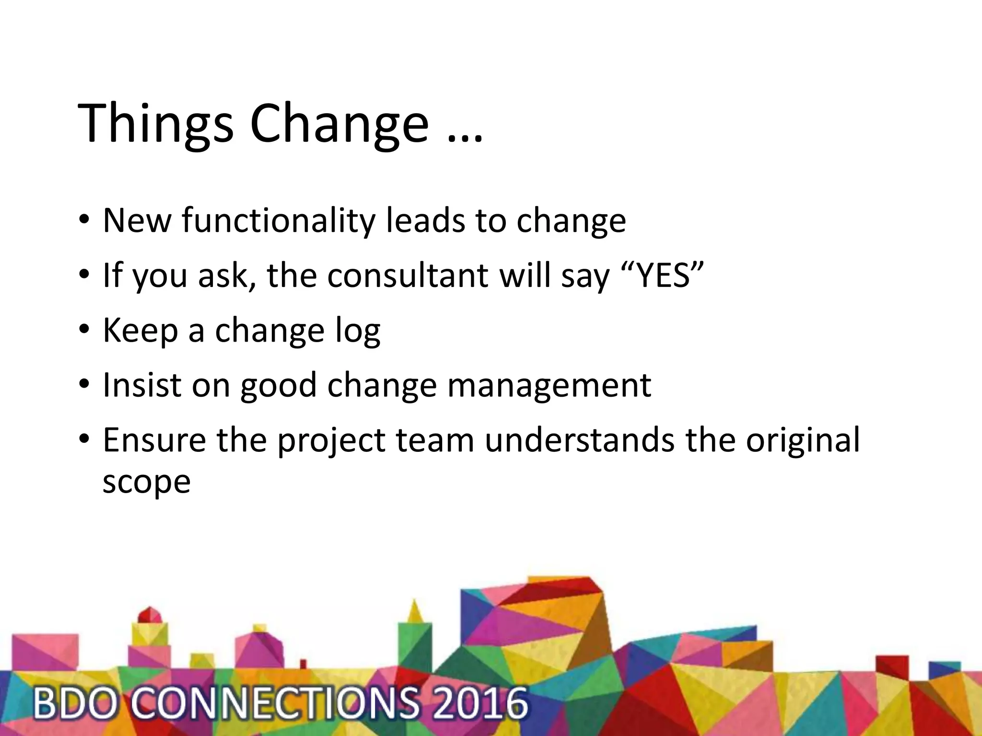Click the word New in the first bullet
point(137,221)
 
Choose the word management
point(549,386)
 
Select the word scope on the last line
point(146,482)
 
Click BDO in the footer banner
point(74,703)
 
